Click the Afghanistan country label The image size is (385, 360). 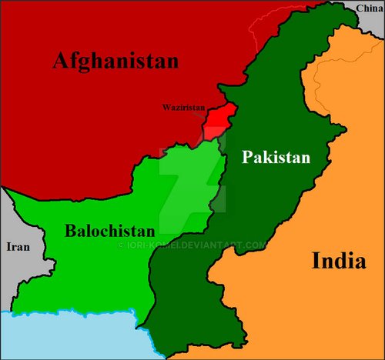coord(115,62)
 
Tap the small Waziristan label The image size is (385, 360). coord(182,108)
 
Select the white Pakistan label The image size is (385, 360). coord(276,158)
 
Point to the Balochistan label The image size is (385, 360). coord(109,230)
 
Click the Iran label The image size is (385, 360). coord(18,247)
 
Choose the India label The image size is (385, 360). coord(338,261)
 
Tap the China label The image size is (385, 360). coord(369,8)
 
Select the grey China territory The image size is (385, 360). coord(362,19)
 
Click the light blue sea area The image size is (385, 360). coord(77,335)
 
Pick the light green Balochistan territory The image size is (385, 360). coord(92,269)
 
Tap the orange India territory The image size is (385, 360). coord(308,308)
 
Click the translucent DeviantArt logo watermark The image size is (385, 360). coord(192,181)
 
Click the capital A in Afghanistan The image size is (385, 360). coord(62,62)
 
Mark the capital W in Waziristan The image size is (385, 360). coord(166,108)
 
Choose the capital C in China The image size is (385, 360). coord(359,8)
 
